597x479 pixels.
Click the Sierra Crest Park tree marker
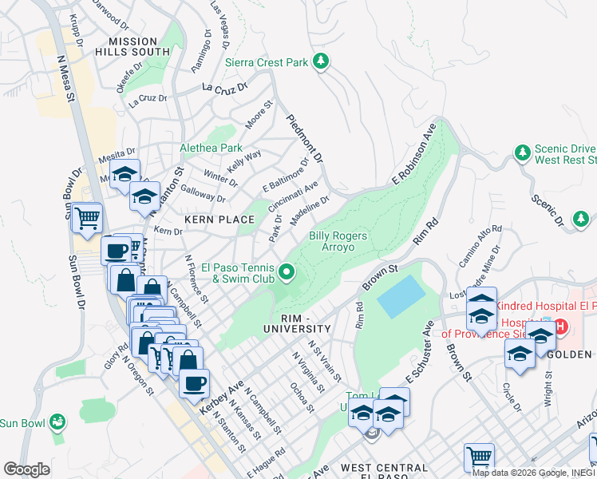321,61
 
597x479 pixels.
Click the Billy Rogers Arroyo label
338,241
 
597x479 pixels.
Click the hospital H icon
559,327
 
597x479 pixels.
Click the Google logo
26,469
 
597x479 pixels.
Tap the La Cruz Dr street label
225,89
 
